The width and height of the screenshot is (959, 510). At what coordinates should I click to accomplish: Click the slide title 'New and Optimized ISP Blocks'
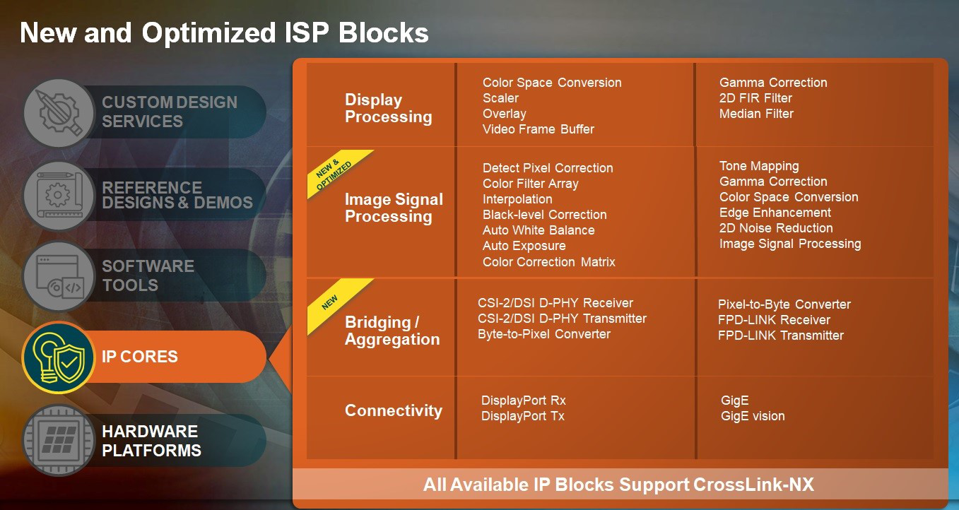point(224,32)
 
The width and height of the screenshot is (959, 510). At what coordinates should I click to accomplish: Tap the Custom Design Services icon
point(58,112)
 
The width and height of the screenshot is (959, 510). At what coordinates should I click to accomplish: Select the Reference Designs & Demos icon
point(58,194)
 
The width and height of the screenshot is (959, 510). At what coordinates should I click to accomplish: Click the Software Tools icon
point(58,275)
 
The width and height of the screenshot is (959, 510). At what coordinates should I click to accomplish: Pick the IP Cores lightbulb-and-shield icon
point(58,357)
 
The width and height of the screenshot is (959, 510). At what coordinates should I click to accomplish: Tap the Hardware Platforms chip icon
point(58,440)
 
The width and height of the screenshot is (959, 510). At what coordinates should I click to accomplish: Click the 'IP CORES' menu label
point(140,357)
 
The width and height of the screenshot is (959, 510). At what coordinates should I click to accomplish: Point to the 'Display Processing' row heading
point(388,109)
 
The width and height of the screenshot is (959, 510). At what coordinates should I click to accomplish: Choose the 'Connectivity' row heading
point(393,410)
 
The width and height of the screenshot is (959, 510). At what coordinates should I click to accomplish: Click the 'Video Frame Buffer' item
point(538,129)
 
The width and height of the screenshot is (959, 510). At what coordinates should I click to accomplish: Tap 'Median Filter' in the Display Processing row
point(756,114)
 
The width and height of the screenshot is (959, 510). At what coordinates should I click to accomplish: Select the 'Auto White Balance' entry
point(539,230)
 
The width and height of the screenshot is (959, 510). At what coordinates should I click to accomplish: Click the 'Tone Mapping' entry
point(759,166)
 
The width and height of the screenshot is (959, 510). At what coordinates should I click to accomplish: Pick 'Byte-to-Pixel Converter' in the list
point(543,334)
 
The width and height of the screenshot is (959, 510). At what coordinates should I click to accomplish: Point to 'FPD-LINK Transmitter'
point(780,336)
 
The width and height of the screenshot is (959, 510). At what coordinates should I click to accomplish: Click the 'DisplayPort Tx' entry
point(522,416)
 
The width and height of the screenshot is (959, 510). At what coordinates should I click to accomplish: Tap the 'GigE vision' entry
point(753,416)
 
